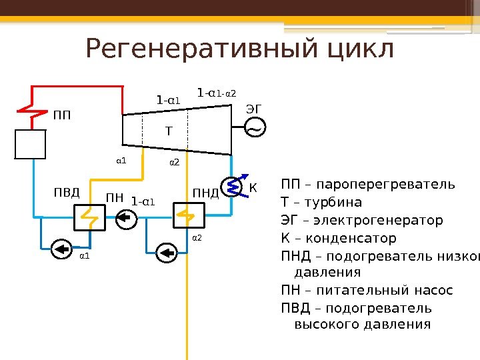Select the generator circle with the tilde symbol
255,127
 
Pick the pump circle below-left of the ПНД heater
165,251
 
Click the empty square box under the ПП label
31,145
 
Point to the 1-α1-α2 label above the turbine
217,93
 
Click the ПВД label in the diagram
67,193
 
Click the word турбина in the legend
335,202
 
